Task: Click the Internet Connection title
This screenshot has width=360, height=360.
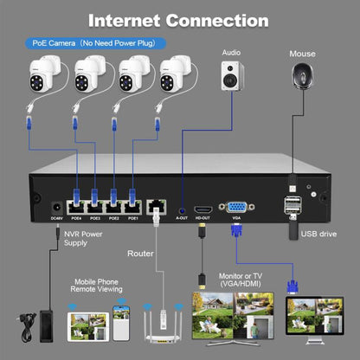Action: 179,20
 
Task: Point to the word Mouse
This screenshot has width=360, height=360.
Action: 303,54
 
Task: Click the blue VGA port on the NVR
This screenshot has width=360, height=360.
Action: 235,208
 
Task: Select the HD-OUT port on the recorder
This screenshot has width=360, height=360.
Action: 202,209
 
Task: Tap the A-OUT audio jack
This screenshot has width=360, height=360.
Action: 182,209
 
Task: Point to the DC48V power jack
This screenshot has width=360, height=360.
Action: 57,208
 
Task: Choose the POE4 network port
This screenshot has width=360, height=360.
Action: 75,208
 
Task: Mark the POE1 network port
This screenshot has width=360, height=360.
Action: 132,208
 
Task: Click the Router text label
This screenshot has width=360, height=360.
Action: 140,254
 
